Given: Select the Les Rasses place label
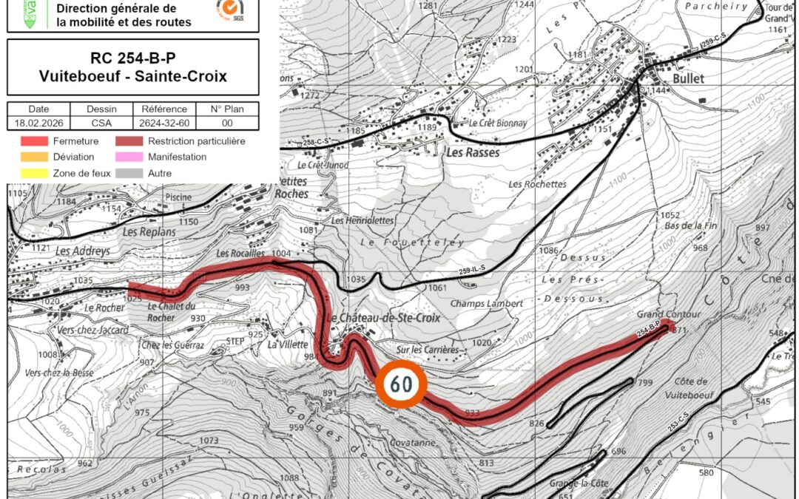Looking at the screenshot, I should [x=473, y=153].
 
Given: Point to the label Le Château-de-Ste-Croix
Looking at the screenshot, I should [x=383, y=318].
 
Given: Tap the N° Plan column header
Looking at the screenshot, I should [x=227, y=109].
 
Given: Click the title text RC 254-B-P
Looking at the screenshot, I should [x=133, y=58].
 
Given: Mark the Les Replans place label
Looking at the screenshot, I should [x=149, y=231].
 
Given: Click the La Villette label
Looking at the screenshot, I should [x=282, y=344].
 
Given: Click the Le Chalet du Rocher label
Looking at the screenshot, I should [x=171, y=311].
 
